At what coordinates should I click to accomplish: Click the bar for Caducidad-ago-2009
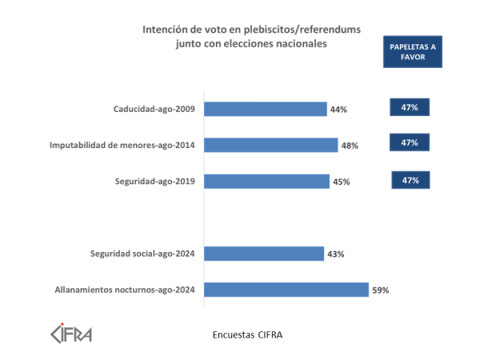point(266,109)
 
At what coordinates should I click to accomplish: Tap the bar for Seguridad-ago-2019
point(268,182)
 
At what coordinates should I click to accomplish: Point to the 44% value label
point(338,110)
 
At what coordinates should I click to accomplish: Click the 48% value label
point(349,146)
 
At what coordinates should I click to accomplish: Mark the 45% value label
point(342,182)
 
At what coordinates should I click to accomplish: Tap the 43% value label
point(335,254)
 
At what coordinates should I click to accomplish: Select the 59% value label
point(380,290)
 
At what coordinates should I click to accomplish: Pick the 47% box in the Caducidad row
point(410,106)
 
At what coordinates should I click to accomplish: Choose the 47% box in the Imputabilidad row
point(410,142)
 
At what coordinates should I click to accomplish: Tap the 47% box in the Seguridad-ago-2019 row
point(411,180)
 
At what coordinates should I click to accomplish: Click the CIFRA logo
point(71,331)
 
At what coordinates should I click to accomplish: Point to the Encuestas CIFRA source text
point(247,334)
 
